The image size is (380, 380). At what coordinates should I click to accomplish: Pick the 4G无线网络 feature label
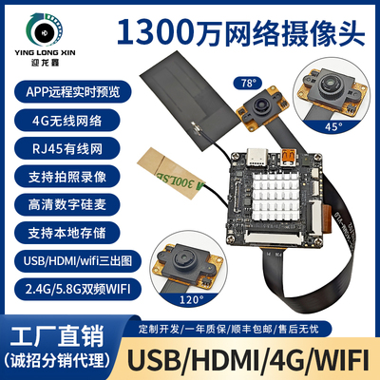(x=62, y=121)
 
